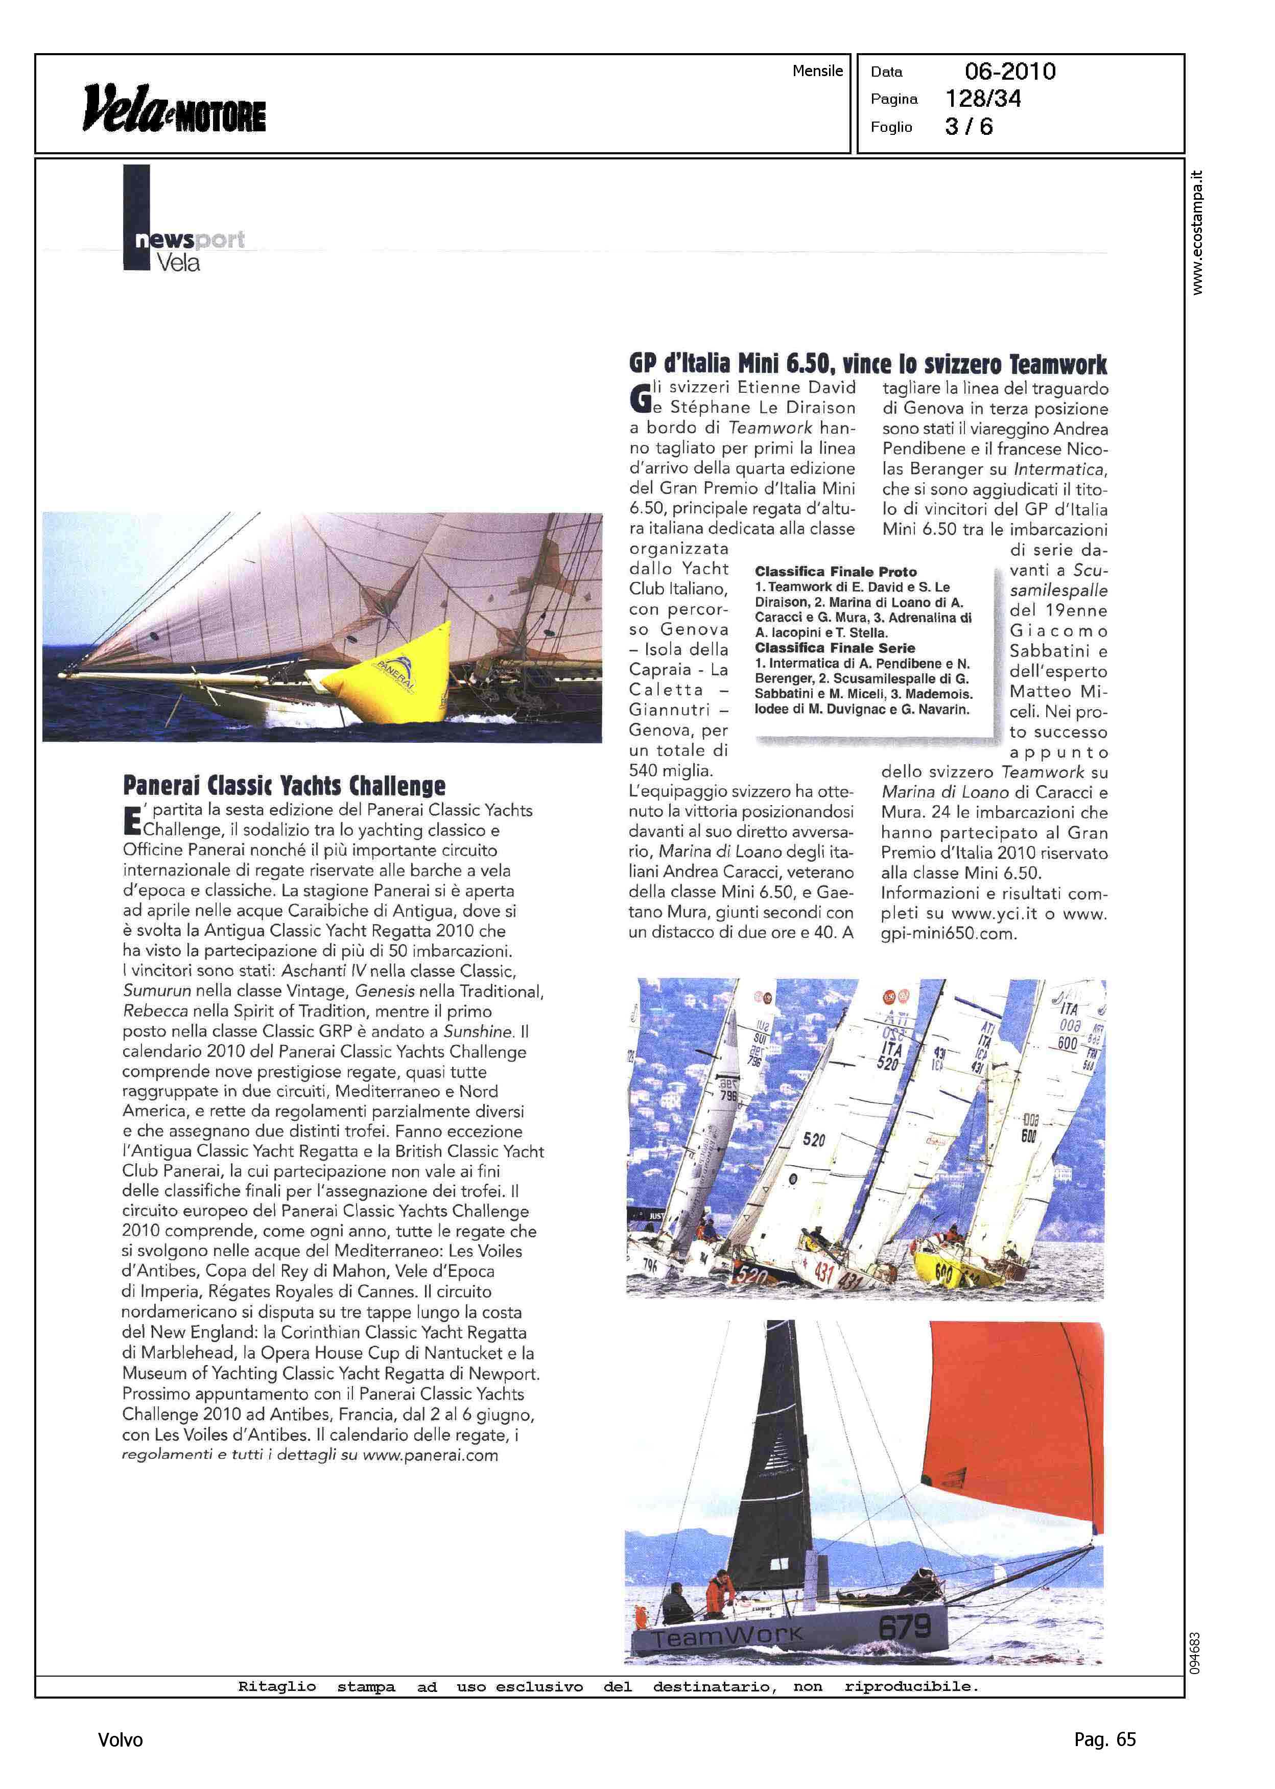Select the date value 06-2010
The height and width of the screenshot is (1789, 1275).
point(1010,72)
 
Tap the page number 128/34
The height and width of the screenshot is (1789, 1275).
point(983,99)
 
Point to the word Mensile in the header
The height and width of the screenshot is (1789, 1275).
point(817,70)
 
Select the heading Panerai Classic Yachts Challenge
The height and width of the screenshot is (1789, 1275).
point(284,785)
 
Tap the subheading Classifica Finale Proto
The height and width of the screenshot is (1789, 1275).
point(835,572)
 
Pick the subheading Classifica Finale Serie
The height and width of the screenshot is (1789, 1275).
point(835,648)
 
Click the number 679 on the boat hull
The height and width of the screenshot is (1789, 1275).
point(905,1626)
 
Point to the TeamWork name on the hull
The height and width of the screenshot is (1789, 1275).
point(728,1637)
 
